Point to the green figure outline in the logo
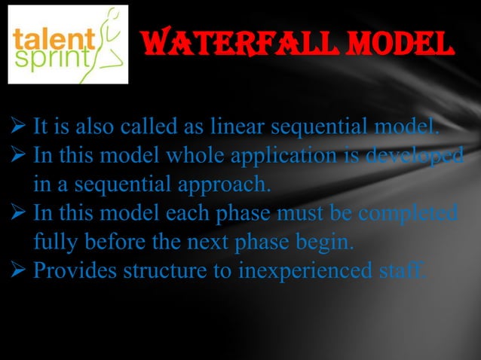[x=109, y=41]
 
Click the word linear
[x=233, y=126]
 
